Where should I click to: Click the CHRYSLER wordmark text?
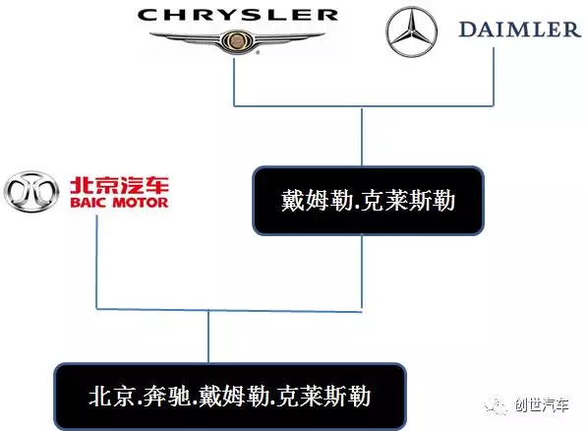238,15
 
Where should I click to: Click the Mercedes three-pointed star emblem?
411,31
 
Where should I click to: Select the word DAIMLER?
519,30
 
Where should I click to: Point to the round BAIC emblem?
31,192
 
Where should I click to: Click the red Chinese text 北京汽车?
119,185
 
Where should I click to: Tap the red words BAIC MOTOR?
119,203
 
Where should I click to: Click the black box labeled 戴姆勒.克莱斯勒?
369,201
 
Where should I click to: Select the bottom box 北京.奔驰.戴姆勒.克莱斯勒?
230,397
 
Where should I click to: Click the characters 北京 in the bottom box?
111,397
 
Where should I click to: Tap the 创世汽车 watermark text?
542,405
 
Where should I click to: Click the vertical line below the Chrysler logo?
234,82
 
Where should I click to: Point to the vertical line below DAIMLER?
494,77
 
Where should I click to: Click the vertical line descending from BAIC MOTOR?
96,262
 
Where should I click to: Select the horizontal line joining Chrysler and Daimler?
364,106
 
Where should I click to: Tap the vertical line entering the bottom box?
208,337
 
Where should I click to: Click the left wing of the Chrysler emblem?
186,37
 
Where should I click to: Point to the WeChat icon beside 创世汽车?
496,405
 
